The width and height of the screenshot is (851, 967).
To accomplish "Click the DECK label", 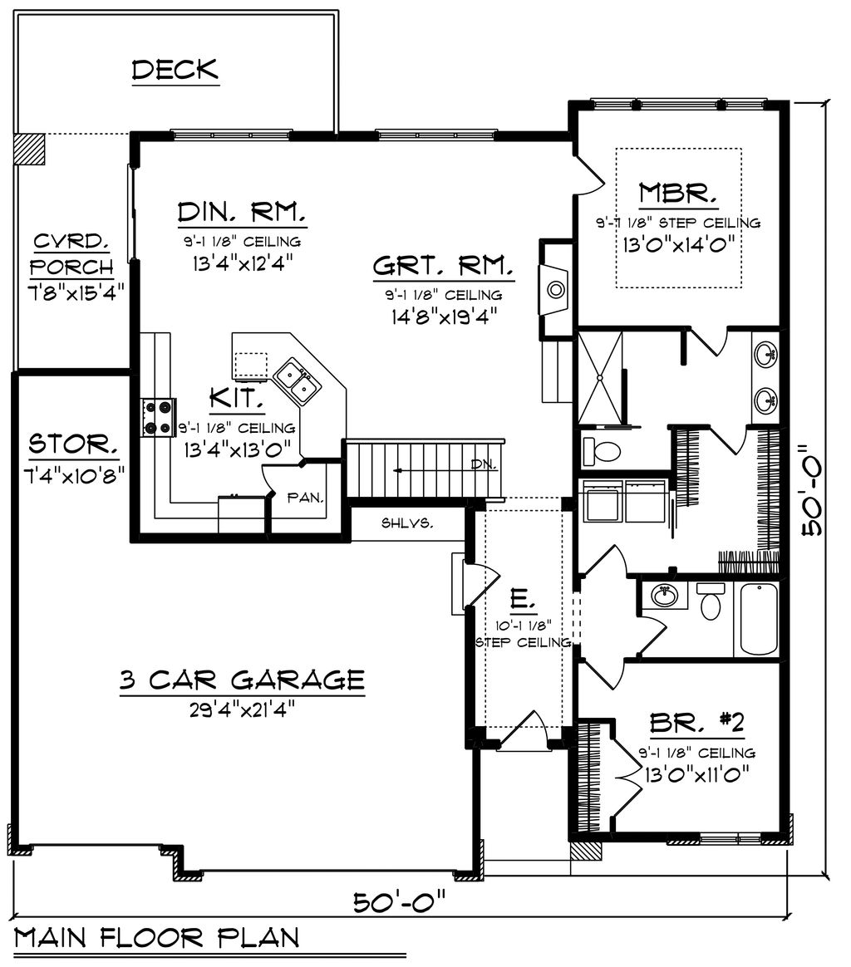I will tap(175, 70).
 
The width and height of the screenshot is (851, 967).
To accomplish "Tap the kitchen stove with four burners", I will tap(159, 417).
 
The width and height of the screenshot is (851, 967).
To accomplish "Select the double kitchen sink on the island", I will tap(297, 381).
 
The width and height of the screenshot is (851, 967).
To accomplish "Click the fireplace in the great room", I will tap(554, 290).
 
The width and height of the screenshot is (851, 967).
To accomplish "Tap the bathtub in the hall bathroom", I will tap(756, 619).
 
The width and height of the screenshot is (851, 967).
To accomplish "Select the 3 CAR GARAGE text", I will tap(242, 680).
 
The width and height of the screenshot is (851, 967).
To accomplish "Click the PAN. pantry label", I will tap(305, 498).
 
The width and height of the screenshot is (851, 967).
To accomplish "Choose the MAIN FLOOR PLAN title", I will tap(157, 938).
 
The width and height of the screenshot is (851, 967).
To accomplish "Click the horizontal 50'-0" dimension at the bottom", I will tap(400, 901).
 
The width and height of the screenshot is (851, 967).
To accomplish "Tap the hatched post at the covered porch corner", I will tap(30, 150).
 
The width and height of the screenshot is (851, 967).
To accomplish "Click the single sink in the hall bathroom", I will tap(663, 596).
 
